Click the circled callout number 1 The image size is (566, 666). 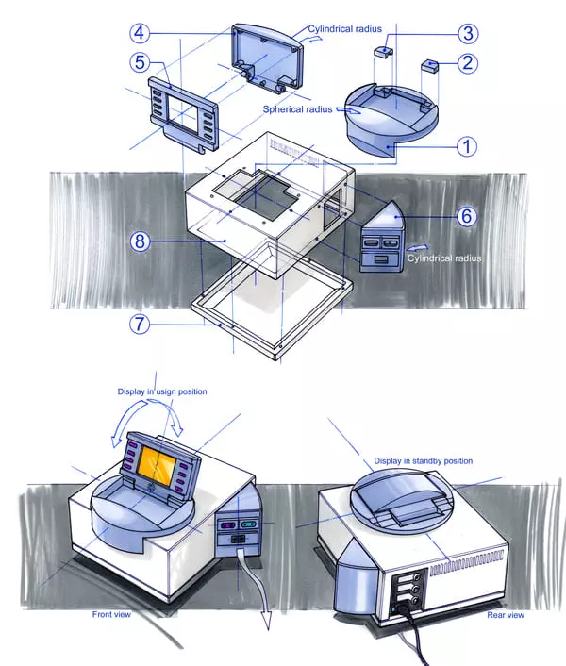pos(467,146)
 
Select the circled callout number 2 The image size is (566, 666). pos(468,63)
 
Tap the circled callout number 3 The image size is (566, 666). pos(468,33)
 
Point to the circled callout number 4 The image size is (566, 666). pos(141,33)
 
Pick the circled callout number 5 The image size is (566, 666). pos(141,63)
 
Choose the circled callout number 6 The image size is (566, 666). pos(467,216)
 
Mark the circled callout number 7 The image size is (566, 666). pos(141,325)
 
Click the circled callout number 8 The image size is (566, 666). pos(141,241)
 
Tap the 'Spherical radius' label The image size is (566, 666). pos(297,109)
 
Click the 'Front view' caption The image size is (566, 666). pos(111,614)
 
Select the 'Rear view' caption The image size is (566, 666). pos(506,615)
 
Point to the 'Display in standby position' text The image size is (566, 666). pos(423,461)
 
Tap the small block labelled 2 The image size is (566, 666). pos(430,66)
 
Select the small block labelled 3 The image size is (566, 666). pos(383,52)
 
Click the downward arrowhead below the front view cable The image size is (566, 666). pos(268,623)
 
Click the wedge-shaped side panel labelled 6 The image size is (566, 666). pos(381,237)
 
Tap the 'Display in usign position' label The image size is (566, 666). pos(162,391)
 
